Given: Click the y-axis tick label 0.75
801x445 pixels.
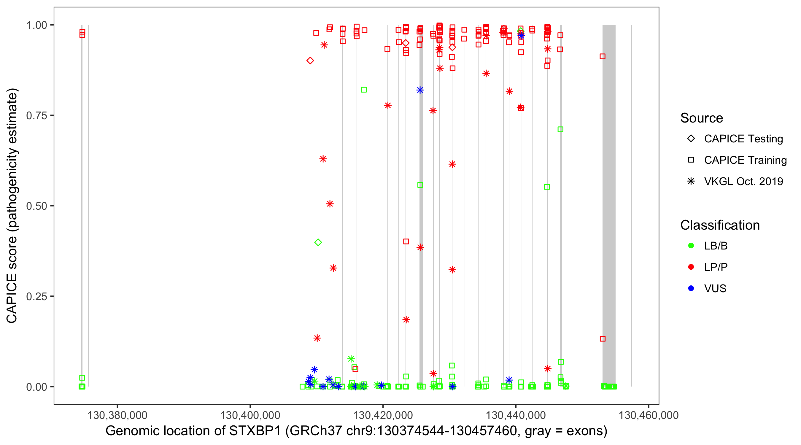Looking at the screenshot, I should point(36,116).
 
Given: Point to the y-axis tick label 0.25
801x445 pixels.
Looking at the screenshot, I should point(36,296).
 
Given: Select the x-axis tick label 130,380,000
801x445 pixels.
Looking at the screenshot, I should point(117,415).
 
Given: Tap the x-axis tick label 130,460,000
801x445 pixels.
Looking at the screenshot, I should point(648,415).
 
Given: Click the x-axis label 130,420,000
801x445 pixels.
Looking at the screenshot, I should point(383,415).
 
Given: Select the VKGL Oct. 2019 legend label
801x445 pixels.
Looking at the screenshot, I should point(743,181).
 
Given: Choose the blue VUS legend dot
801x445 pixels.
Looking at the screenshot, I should point(691,288).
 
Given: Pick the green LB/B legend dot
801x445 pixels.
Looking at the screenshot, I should point(691,246).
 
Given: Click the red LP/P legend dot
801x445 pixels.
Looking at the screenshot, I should point(691,267).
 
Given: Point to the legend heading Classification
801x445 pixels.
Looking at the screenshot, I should point(720,225).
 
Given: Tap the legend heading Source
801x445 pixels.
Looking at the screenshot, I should point(702,118).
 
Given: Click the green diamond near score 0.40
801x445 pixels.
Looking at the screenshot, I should point(318,242).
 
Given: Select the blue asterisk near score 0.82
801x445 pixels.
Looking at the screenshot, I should point(420,90).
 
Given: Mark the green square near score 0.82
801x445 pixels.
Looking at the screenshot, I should point(364,90).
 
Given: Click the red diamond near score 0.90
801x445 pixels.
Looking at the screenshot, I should point(310,61).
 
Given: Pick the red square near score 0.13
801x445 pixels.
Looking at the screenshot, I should point(603,339).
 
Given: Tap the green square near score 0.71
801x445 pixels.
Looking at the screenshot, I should point(560,129).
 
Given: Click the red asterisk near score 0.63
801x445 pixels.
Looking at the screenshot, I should point(323,159).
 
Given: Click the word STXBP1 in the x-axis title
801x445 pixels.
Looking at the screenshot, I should point(255,431).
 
